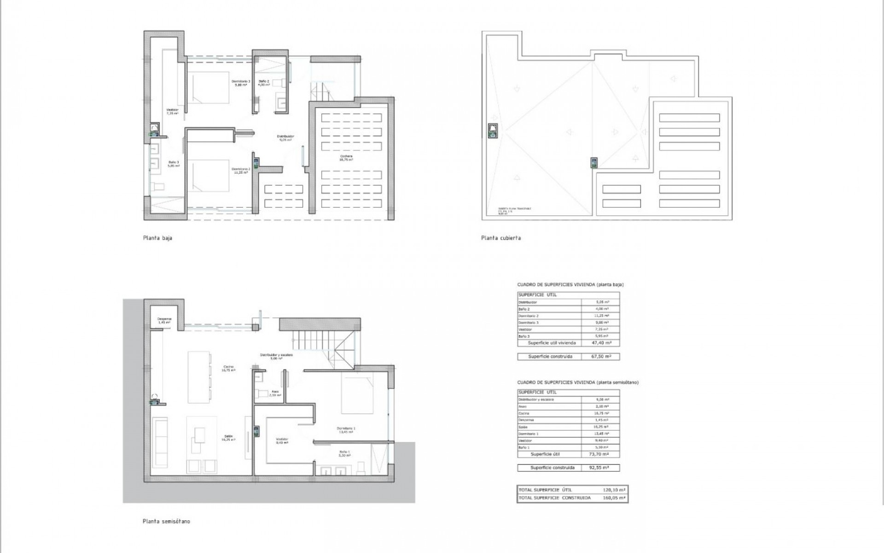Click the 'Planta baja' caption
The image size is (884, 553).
click(x=157, y=238)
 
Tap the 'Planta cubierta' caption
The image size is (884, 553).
click(x=501, y=238)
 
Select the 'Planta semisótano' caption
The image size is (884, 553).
click(x=166, y=522)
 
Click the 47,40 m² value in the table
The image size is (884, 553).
click(x=601, y=343)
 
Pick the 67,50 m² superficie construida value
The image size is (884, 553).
click(x=601, y=357)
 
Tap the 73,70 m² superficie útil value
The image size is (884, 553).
click(x=601, y=454)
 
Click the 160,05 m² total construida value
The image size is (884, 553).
click(x=614, y=498)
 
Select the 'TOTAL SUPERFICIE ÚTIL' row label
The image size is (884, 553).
click(x=545, y=490)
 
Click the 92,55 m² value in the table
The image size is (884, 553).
click(x=601, y=468)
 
